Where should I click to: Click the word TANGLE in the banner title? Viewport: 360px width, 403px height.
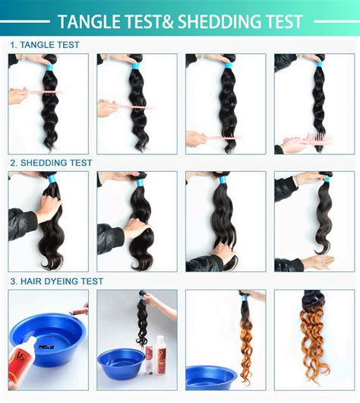92,21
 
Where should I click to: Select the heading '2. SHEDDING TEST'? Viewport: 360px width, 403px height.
51,163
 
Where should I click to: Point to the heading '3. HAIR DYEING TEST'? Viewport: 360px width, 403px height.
56,281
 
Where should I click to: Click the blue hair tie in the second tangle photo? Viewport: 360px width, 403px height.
137,67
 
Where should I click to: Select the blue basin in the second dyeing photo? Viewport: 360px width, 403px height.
120,363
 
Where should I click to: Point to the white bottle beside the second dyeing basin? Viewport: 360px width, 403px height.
161,353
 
